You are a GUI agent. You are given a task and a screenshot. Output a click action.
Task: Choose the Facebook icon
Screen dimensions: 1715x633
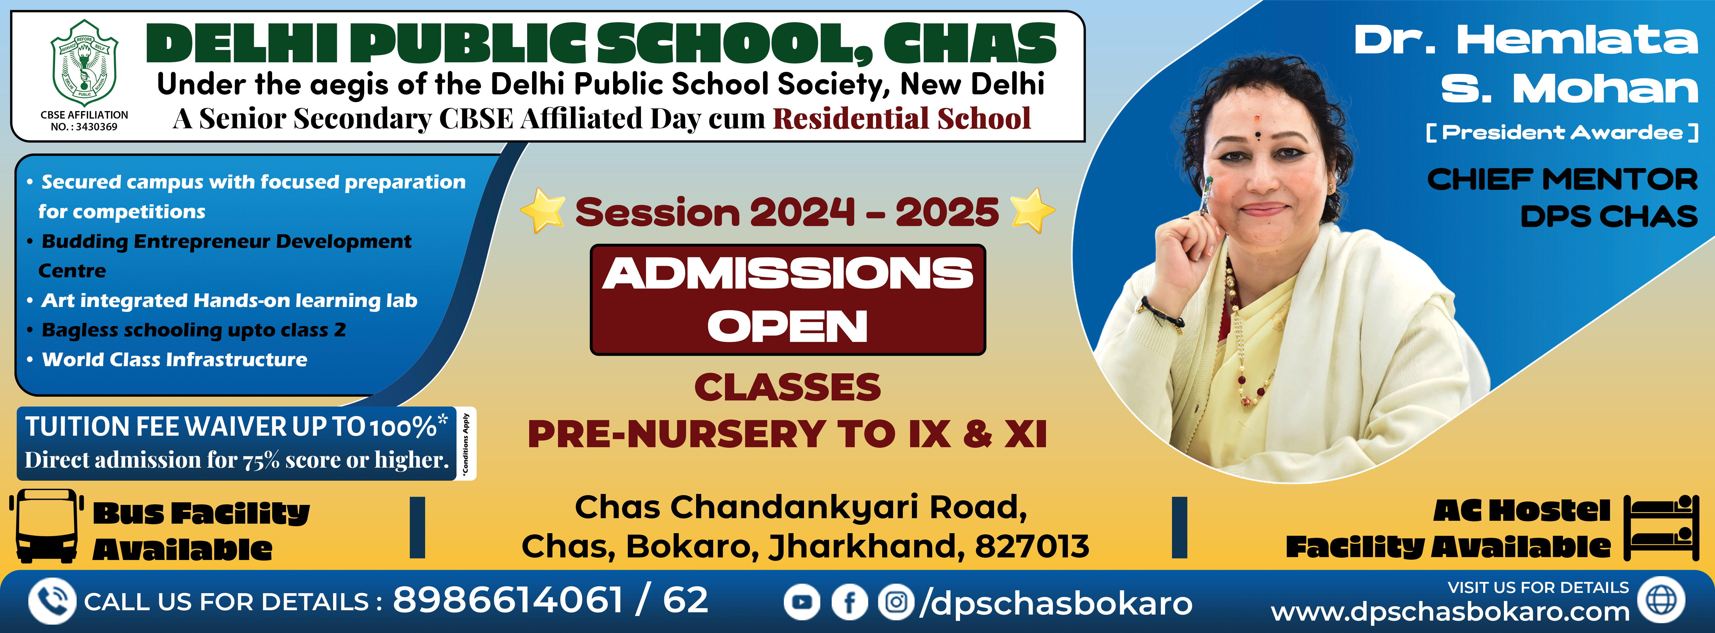[x=850, y=602]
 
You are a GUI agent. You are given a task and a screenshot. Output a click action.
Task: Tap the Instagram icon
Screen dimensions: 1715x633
[x=897, y=602]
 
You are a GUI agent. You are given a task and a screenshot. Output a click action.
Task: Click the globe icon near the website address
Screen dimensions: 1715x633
[x=1661, y=600]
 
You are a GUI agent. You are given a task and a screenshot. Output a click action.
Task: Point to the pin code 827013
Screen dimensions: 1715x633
[x=1032, y=546]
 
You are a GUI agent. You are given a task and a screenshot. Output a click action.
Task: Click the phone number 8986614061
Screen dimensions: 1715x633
[x=508, y=600]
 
